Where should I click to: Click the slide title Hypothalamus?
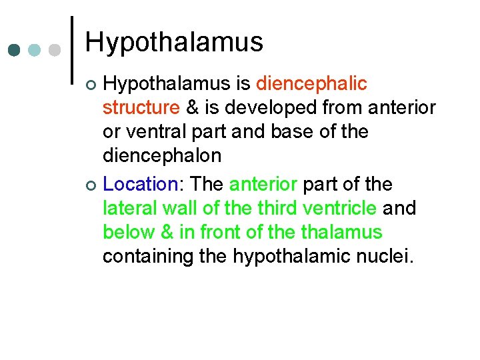(x=174, y=42)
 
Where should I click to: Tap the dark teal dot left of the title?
(x=15, y=50)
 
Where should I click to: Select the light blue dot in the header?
(x=35, y=50)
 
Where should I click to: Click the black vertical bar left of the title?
(x=72, y=50)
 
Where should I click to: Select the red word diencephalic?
(x=311, y=84)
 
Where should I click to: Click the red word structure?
(x=141, y=108)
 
